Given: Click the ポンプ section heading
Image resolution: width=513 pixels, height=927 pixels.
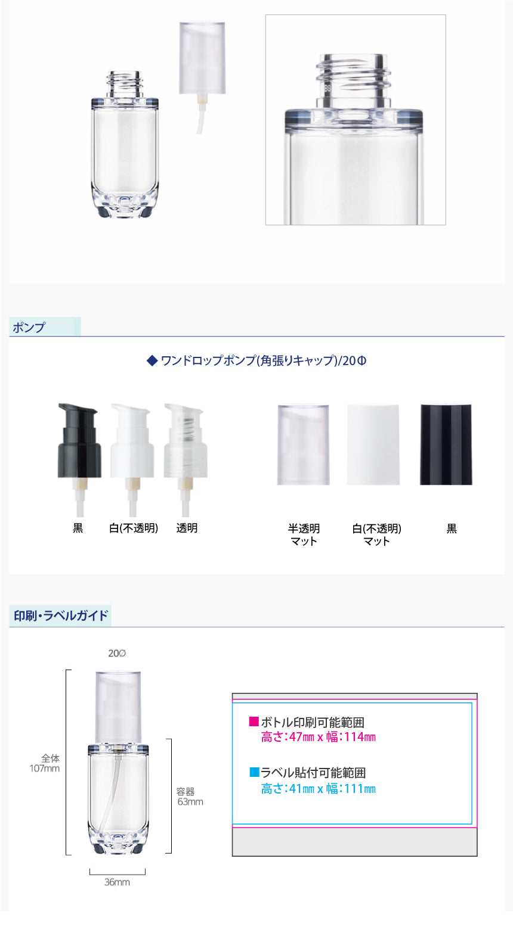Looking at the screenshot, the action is pos(29,327).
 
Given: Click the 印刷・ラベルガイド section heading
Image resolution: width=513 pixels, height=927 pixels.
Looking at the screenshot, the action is pos(61,615).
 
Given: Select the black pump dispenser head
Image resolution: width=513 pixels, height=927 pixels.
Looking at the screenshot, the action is pos(79,459).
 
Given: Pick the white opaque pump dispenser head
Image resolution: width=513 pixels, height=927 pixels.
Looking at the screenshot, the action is pos(132,459).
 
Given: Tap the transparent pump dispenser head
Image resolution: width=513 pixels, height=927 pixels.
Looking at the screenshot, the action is pos(186,459).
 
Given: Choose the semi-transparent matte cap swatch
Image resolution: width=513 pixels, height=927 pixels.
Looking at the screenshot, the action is pos(303,444).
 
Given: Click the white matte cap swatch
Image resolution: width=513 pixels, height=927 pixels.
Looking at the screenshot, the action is pos(373,444).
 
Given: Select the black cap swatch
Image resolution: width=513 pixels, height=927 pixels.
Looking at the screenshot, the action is pos(446,444).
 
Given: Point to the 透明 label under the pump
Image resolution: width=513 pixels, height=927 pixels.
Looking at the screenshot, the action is pos(187,528).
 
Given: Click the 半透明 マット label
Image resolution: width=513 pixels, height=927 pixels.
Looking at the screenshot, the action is pos(304,534).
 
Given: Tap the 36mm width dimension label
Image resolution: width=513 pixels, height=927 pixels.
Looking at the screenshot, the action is pos(117,882).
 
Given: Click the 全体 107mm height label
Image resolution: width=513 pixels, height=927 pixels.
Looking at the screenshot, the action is pos(45,763).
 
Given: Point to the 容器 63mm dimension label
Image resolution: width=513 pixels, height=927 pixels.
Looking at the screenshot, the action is pos(190,797).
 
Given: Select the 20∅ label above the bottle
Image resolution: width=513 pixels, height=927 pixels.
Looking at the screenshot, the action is pos(117,653).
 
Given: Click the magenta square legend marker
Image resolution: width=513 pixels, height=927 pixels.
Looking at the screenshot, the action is pos(254,721).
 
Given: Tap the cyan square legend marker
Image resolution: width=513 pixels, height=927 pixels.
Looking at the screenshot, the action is pos(254,772).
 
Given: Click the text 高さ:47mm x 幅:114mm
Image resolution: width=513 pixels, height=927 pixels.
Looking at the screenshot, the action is pos(319,736).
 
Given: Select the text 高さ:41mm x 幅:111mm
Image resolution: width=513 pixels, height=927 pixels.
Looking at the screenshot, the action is pos(319,788).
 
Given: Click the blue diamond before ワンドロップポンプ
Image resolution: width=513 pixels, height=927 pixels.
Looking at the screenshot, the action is pos(152,360).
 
